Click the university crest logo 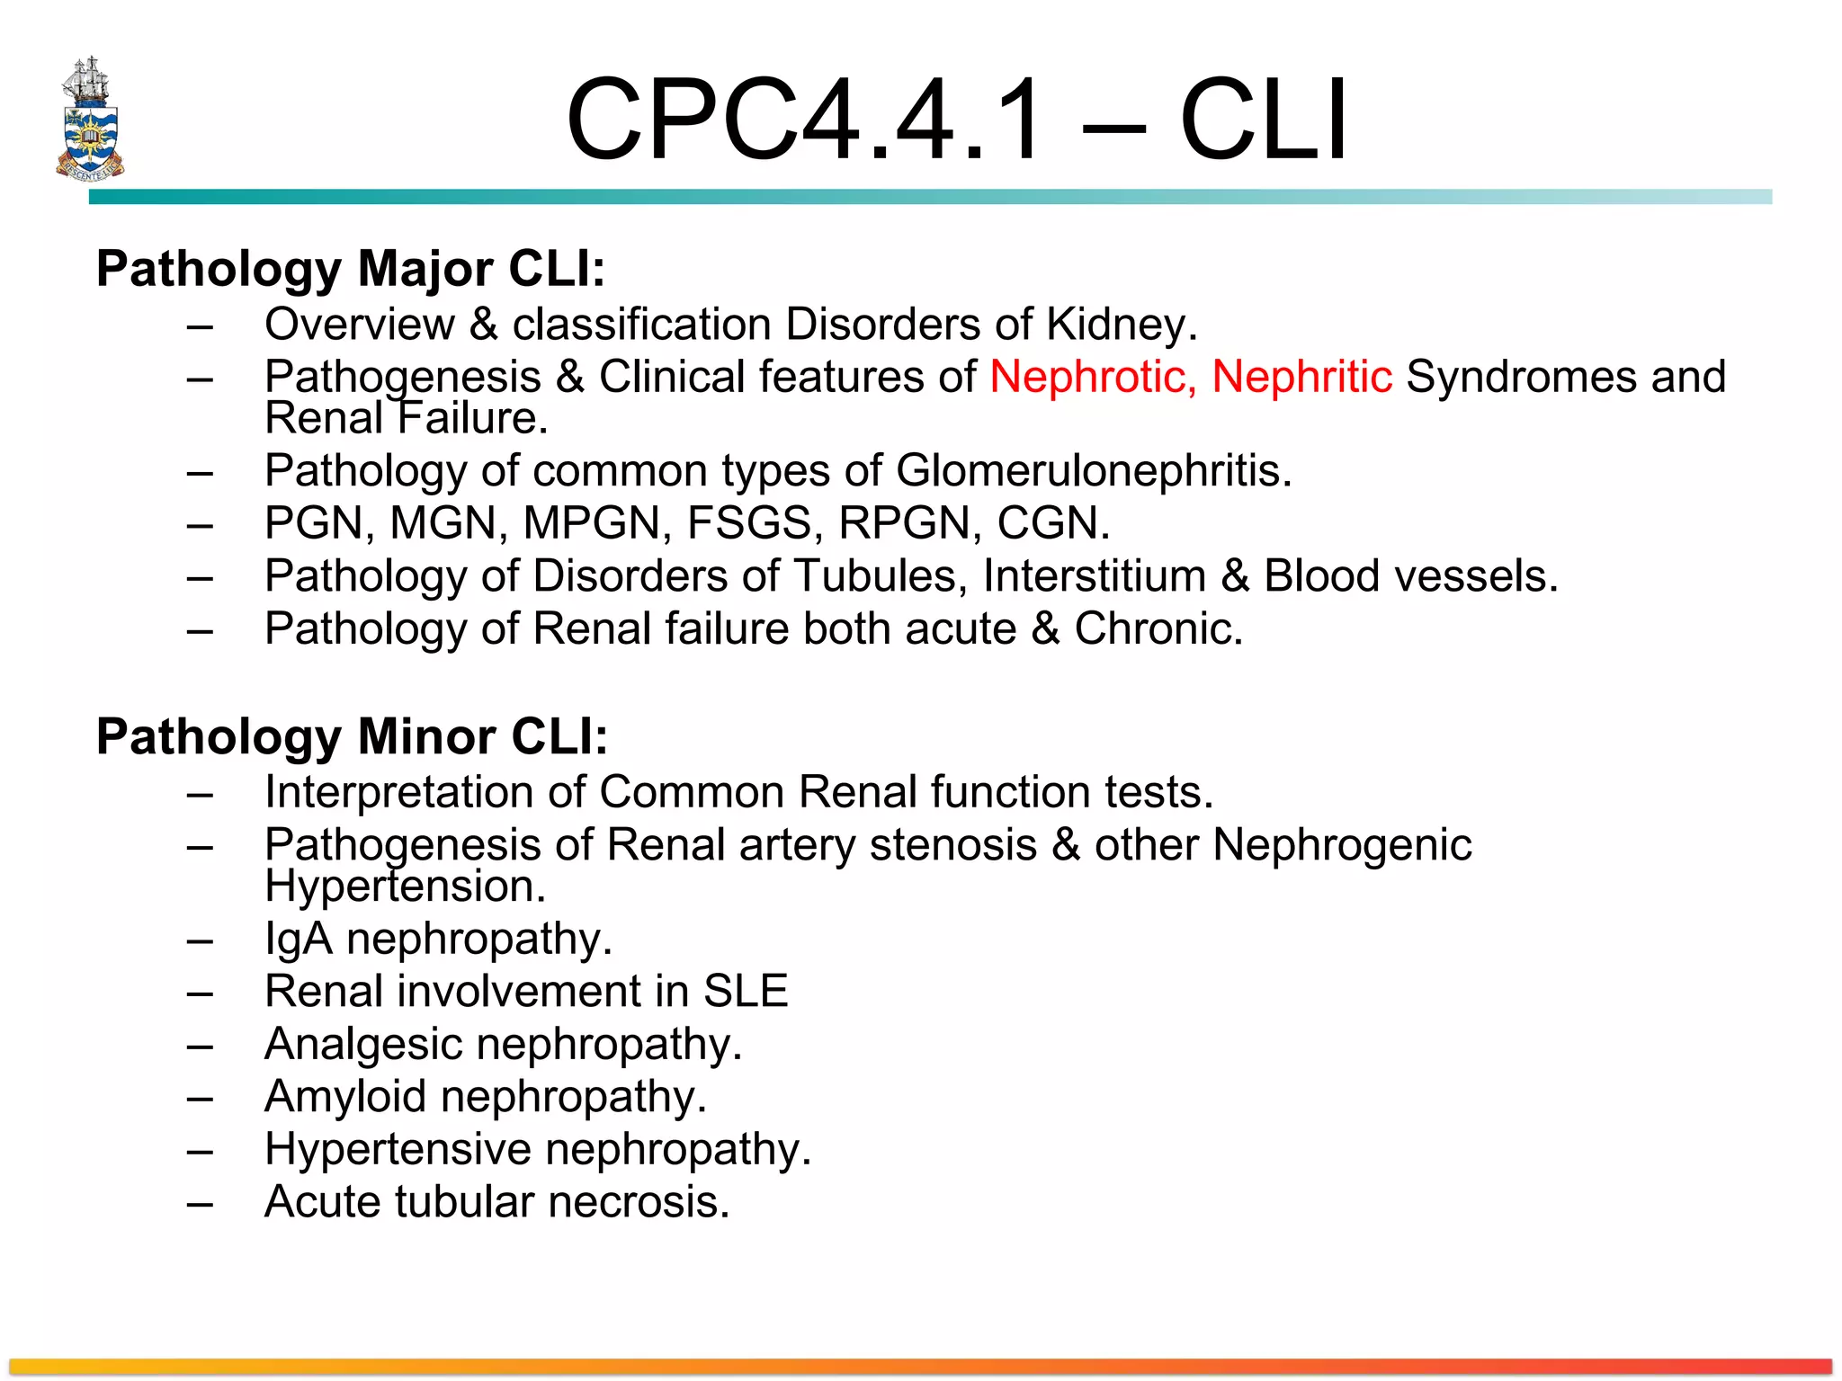point(90,119)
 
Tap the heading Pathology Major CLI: point(351,268)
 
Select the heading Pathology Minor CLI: point(352,736)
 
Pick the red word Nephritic point(1301,376)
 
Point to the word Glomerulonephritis point(1093,470)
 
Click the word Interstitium point(1094,575)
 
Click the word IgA point(299,939)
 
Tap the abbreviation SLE point(746,991)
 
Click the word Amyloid point(345,1096)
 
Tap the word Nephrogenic point(1342,845)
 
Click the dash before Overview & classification point(200,325)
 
